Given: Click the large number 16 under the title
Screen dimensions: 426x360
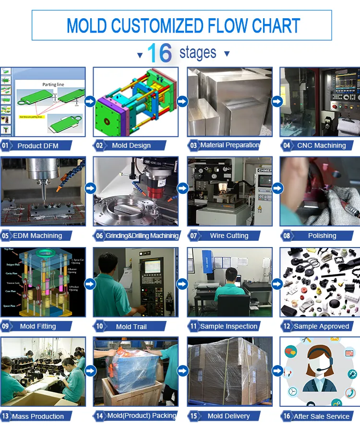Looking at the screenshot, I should click(x=160, y=53).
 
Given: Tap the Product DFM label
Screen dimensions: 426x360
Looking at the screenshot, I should click(x=37, y=145).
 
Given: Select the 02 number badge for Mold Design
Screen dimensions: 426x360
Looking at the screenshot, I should click(x=99, y=145).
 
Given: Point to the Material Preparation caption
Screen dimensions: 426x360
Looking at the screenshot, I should click(x=229, y=145).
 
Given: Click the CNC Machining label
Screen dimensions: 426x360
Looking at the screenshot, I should click(x=321, y=145).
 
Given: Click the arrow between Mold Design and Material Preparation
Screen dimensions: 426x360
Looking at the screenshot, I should click(x=182, y=101).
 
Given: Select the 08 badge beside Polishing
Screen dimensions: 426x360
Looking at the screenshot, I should click(x=287, y=236).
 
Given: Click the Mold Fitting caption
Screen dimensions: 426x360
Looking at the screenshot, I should click(x=38, y=326).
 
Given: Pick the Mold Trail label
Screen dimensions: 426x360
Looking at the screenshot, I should click(x=131, y=326).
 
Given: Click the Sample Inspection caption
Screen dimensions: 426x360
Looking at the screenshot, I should click(x=228, y=326).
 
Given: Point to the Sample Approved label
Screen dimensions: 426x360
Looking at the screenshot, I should click(x=321, y=326).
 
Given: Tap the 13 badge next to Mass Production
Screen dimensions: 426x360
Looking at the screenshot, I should click(x=6, y=416).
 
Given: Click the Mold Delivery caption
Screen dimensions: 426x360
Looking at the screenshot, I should click(x=228, y=416).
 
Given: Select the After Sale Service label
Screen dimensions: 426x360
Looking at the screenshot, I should click(x=321, y=416).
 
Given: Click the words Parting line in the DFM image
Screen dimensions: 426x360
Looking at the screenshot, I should click(x=53, y=84).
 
